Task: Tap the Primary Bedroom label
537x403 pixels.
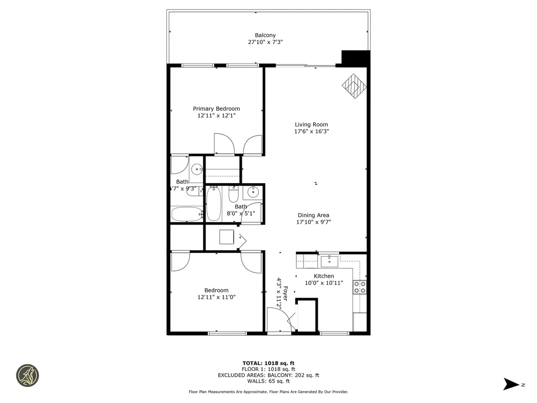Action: [x=216, y=109]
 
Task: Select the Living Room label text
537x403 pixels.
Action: [x=311, y=124]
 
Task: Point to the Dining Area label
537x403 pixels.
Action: [x=314, y=215]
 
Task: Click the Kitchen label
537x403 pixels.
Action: [x=324, y=276]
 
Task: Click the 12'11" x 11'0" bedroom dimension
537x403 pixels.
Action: [x=216, y=297]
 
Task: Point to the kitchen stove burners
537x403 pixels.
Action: [x=360, y=287]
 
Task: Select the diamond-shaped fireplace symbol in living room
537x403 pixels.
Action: [x=355, y=85]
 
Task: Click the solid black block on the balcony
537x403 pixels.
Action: [x=355, y=57]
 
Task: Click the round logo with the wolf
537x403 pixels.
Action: [x=28, y=376]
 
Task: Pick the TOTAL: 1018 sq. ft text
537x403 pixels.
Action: [x=268, y=363]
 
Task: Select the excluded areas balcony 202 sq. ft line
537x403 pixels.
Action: [x=268, y=375]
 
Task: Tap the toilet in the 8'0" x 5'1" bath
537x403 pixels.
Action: [x=234, y=194]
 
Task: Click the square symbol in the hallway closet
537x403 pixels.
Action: [x=227, y=237]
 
